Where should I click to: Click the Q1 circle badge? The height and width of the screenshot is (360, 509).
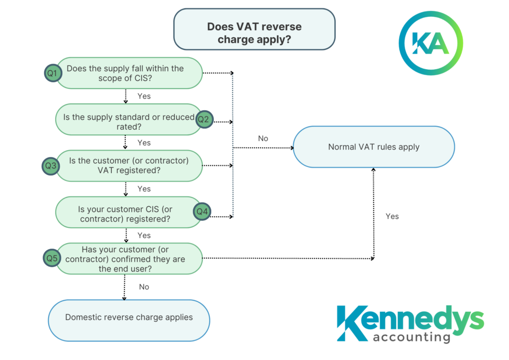(x=52, y=73)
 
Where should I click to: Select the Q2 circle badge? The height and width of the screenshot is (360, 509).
(x=204, y=119)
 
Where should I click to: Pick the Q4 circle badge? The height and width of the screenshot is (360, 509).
(x=202, y=212)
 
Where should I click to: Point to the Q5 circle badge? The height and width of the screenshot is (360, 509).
(x=52, y=258)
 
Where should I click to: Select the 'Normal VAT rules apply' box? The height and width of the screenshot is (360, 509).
(x=374, y=147)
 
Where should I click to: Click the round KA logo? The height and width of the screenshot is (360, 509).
(x=430, y=43)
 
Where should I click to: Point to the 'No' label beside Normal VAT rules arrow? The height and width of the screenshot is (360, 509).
(x=263, y=139)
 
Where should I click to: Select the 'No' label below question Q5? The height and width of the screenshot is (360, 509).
(x=144, y=287)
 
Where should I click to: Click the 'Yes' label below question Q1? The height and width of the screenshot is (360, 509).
(x=144, y=96)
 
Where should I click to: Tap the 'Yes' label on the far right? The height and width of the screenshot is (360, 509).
(x=392, y=216)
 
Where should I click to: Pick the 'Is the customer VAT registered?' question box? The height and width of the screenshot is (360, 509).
(x=129, y=166)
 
